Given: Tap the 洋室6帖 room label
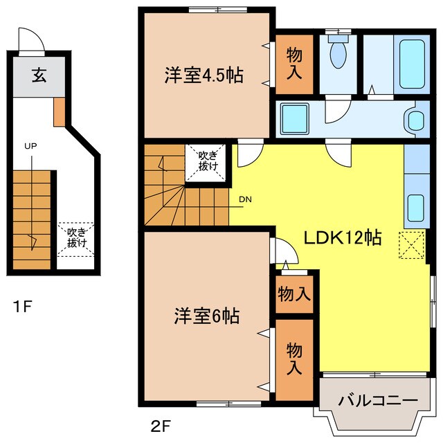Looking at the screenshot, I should click(x=206, y=316).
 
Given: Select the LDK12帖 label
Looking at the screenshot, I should click(x=343, y=237).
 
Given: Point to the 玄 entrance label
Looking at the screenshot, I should click(x=37, y=75).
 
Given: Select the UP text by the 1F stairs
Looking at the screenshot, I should click(x=30, y=146).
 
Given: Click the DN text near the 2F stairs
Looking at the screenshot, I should click(x=245, y=200).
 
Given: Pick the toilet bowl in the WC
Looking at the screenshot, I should click(x=338, y=55).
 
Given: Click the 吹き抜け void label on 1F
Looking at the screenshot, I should click(x=75, y=237).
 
